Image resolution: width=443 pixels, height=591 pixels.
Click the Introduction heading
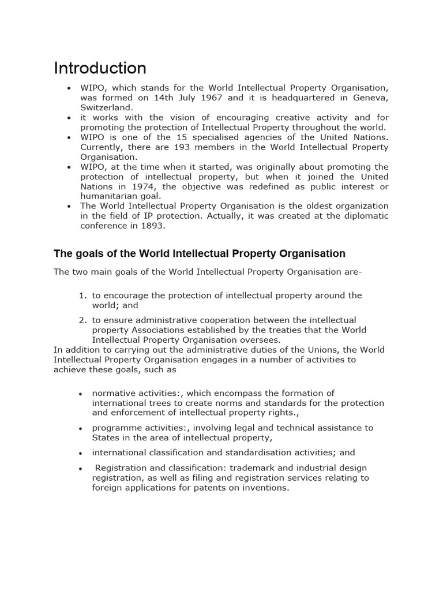pos(100,68)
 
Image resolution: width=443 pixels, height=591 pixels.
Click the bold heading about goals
pos(200,253)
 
